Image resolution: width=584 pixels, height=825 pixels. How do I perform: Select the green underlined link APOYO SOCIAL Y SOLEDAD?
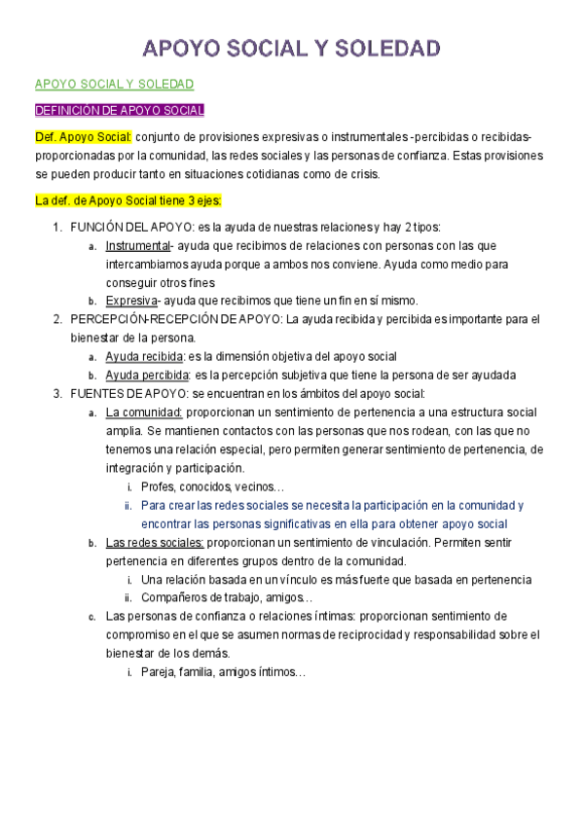114,85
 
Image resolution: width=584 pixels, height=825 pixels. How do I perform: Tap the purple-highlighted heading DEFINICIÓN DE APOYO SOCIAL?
119,110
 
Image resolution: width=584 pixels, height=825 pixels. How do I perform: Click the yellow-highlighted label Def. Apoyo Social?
83,137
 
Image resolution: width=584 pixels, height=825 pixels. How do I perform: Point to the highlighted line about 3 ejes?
128,201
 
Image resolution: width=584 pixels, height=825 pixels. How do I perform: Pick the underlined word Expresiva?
131,300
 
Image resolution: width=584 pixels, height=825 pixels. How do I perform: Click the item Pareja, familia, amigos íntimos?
223,672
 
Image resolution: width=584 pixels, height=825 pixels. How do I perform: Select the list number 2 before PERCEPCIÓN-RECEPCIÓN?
57,318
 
